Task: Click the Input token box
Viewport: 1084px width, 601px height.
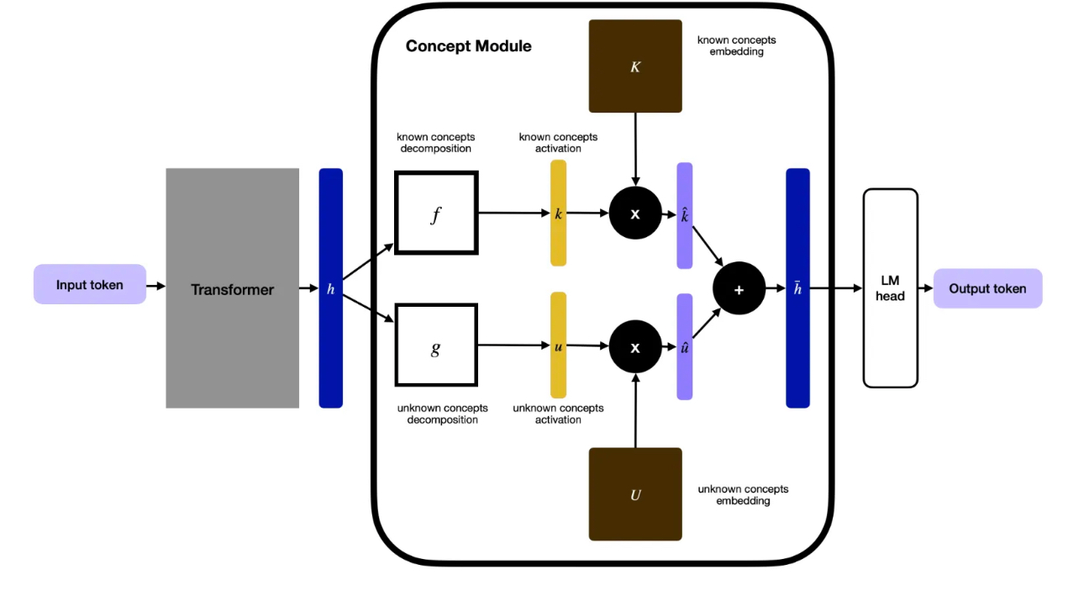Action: click(90, 285)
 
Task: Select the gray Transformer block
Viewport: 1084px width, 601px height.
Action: click(232, 288)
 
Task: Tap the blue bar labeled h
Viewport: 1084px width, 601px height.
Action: click(331, 288)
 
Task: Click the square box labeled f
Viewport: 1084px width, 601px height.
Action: click(436, 214)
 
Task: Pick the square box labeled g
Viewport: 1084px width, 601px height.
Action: click(436, 345)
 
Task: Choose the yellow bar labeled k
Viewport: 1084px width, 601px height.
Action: click(558, 214)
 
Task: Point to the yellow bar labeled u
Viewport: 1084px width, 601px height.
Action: click(558, 345)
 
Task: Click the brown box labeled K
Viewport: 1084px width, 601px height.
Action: click(635, 66)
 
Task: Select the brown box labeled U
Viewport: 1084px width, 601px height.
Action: click(635, 494)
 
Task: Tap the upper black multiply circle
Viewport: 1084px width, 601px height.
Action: click(635, 214)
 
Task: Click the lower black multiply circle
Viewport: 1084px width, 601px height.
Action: click(635, 346)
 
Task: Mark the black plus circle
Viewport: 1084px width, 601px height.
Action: click(739, 288)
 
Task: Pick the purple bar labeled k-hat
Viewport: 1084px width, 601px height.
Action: click(685, 216)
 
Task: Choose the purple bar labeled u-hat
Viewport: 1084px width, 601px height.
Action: click(685, 346)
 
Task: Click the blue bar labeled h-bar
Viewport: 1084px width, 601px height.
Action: click(797, 288)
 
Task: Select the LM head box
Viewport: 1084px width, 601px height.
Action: click(890, 288)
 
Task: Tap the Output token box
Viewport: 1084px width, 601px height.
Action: click(987, 288)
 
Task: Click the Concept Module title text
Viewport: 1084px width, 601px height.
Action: click(468, 46)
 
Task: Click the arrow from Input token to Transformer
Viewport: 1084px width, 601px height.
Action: click(155, 286)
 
